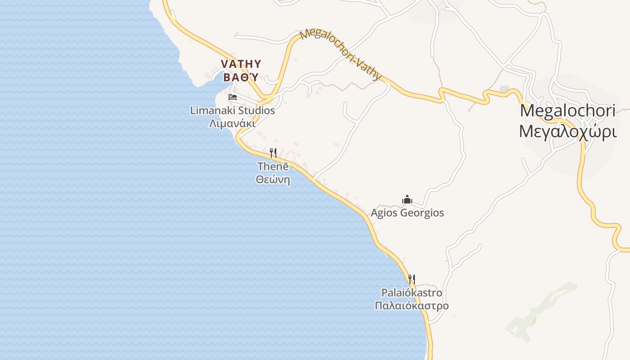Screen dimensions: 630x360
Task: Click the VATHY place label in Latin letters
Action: click(x=241, y=63)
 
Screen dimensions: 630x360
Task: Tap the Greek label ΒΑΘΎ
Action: click(x=241, y=77)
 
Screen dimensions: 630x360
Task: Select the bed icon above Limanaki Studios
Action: click(x=233, y=97)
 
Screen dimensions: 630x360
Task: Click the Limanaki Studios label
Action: click(x=232, y=110)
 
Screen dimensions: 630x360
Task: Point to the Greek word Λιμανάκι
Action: click(x=232, y=123)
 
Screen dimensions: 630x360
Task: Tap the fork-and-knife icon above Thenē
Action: click(x=273, y=153)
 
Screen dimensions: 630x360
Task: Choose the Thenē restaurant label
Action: click(x=273, y=166)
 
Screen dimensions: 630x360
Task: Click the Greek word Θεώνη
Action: click(x=273, y=180)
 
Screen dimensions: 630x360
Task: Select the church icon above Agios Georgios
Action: click(x=407, y=199)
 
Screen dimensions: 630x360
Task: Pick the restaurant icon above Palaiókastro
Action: click(x=411, y=279)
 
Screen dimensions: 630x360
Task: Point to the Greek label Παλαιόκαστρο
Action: click(x=411, y=306)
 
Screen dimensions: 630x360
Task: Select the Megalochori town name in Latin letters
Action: click(x=567, y=111)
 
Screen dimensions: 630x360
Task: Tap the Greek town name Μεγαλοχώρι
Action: click(x=567, y=131)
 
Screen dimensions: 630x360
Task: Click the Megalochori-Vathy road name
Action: click(x=341, y=54)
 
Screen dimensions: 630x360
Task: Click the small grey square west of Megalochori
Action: click(x=504, y=89)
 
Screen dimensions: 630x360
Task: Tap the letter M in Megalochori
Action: click(x=528, y=111)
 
